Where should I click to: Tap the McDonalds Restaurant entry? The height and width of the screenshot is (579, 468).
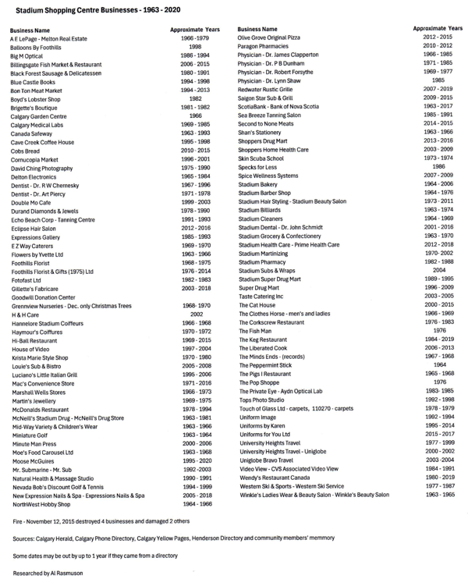click(40, 409)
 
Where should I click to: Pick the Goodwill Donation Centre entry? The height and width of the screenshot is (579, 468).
click(44, 297)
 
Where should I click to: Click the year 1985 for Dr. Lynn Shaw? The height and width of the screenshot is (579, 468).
click(438, 80)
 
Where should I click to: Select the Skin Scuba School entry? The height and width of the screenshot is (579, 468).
click(261, 158)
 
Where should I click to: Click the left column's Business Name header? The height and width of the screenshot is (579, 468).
click(32, 30)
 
